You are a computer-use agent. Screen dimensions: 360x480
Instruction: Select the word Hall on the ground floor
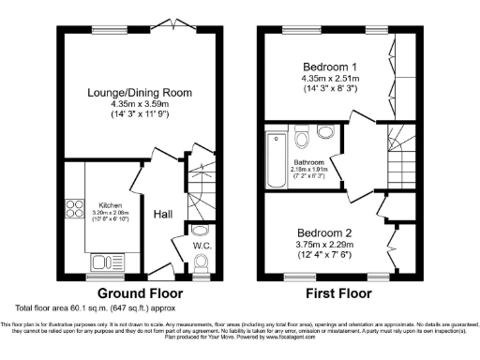click(162, 215)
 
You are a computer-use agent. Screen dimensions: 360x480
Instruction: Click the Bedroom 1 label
click(328, 67)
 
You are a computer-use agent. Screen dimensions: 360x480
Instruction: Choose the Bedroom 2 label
click(323, 232)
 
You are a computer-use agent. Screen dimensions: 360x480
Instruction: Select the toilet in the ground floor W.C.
click(201, 230)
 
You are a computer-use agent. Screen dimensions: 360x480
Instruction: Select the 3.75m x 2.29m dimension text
click(323, 246)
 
